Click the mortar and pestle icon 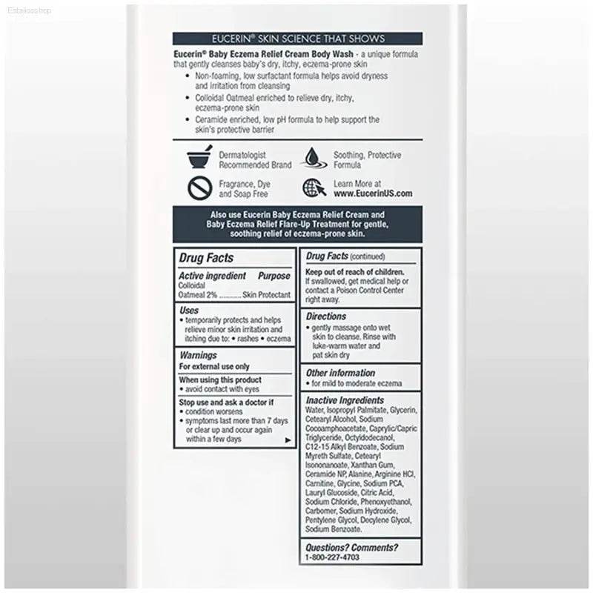pos(199,159)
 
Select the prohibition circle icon pos(199,189)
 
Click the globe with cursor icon pos(313,188)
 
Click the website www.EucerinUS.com pos(372,193)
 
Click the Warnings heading pos(198,356)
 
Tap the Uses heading pos(189,310)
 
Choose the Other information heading pos(341,373)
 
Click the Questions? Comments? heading pos(352,548)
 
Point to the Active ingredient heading pos(212,276)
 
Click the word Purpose pos(274,276)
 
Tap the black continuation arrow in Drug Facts pos(288,440)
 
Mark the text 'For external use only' pos(214,366)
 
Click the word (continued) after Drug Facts pos(368,257)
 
